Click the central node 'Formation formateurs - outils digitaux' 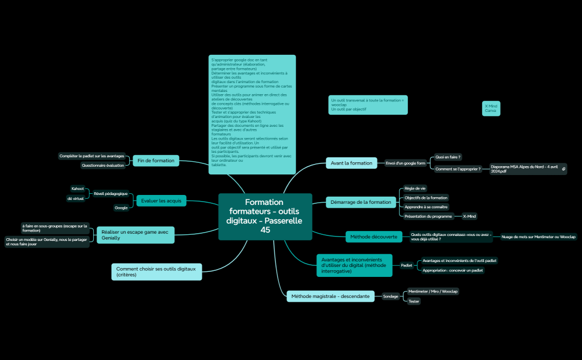click(266, 216)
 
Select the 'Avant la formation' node click(351, 163)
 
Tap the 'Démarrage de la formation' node click(361, 202)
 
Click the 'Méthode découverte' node click(374, 236)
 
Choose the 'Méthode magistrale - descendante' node click(330, 296)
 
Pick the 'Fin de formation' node click(156, 161)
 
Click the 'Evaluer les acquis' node click(161, 200)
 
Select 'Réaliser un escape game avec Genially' click(135, 235)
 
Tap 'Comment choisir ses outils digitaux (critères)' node click(156, 271)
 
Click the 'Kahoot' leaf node click(78, 189)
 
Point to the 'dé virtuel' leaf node click(75, 198)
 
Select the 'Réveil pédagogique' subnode click(111, 194)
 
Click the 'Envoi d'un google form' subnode click(406, 163)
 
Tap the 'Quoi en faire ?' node click(448, 157)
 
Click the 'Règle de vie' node click(415, 188)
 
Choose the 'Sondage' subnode click(391, 296)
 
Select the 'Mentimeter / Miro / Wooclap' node click(433, 291)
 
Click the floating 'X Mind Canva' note click(491, 108)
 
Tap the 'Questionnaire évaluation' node click(103, 165)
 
